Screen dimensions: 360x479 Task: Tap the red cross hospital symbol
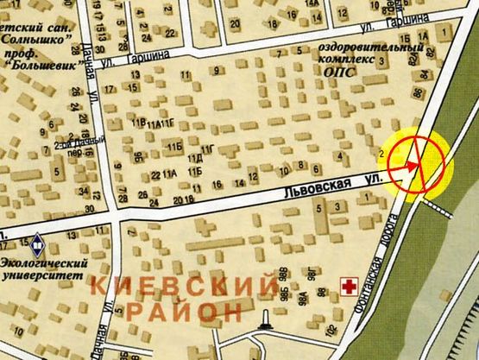tap(350, 285)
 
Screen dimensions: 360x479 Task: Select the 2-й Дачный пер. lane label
tap(79, 144)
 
